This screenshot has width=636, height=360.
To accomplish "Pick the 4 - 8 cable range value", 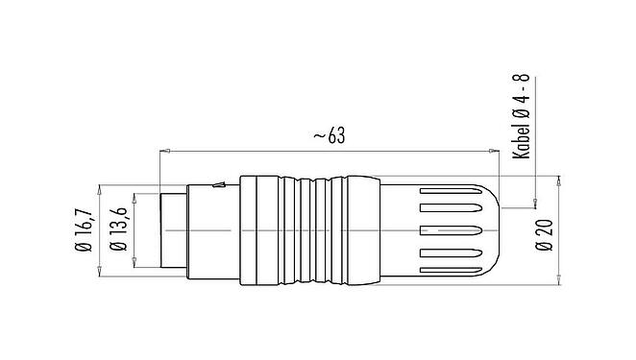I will tap(524, 90).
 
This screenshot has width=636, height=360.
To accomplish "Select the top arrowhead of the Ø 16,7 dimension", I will tap(101, 185).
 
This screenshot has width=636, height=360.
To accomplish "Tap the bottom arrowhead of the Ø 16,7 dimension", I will tap(101, 276).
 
